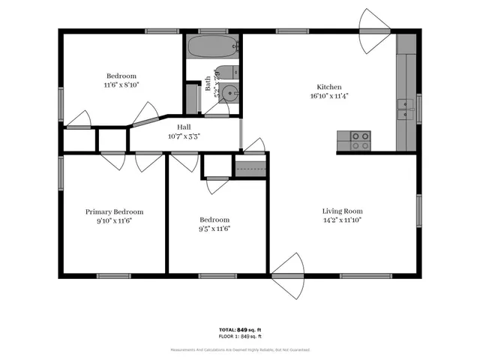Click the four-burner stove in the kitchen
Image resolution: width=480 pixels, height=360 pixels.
[361, 139]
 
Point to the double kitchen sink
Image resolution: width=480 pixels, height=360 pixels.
[406, 111]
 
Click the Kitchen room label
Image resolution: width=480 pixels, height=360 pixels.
[329, 86]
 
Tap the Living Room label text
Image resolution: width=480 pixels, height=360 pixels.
[342, 211]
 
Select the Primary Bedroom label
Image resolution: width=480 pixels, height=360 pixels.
[114, 211]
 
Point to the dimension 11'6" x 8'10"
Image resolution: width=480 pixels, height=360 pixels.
[121, 85]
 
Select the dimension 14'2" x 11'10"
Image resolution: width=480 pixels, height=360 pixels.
[342, 220]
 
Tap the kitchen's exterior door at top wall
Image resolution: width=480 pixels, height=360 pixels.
[375, 31]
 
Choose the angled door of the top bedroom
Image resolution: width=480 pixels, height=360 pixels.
[145, 114]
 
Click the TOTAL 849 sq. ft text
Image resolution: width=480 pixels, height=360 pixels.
[239, 329]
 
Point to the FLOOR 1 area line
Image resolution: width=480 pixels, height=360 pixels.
[239, 337]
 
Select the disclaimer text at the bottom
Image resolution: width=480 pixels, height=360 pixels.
[239, 349]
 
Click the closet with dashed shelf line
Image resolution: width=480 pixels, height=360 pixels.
[250, 168]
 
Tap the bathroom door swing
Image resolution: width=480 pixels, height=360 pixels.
[217, 110]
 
